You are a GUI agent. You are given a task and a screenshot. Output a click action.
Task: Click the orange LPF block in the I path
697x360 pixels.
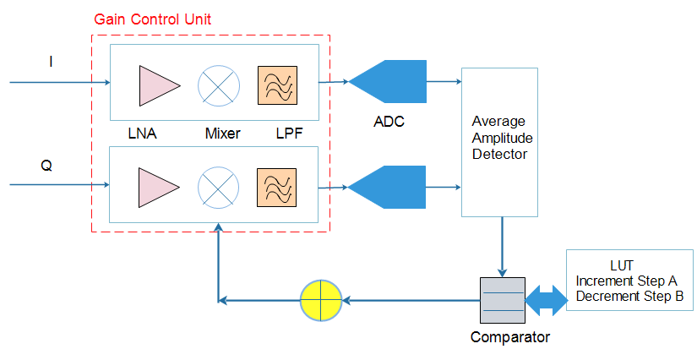[x=278, y=85]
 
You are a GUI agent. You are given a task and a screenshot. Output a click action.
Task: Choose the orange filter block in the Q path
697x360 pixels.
[x=278, y=186]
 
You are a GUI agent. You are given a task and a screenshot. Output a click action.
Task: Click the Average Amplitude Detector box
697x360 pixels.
[x=499, y=142]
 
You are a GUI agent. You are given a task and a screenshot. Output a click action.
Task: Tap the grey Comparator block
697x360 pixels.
[x=502, y=300]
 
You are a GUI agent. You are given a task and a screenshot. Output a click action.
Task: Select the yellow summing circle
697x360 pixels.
[x=321, y=300]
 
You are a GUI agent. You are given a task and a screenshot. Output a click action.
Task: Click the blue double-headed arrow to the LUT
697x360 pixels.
[x=545, y=298]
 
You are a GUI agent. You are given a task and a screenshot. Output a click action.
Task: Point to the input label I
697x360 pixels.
[x=51, y=61]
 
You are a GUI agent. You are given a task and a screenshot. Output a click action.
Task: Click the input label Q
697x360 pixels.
[x=47, y=166]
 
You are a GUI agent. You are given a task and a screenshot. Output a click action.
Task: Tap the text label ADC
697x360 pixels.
[x=389, y=122]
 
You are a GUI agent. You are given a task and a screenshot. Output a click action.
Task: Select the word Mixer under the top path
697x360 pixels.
[x=222, y=134]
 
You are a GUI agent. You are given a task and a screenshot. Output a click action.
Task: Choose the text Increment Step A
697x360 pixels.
[x=626, y=281]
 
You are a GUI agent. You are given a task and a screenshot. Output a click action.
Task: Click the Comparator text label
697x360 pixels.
[x=510, y=338]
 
